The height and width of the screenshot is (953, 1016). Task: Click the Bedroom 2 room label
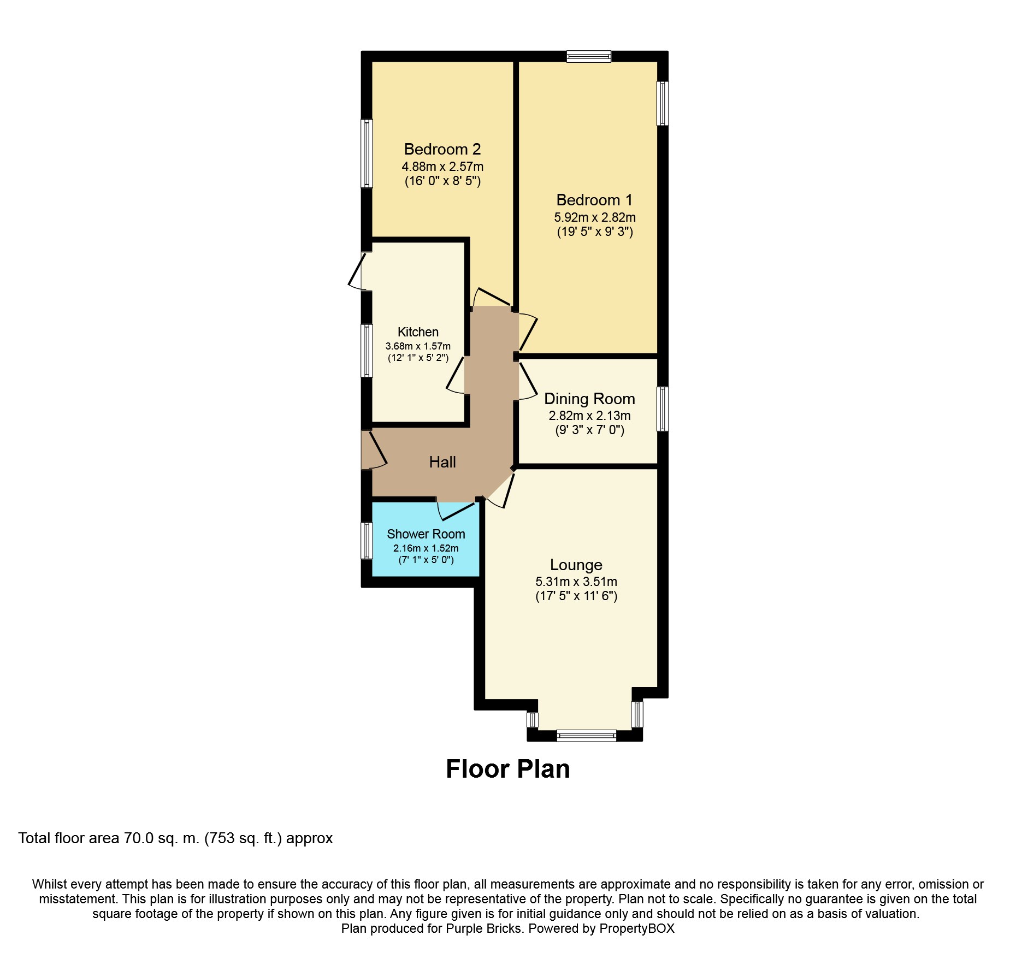[x=442, y=149]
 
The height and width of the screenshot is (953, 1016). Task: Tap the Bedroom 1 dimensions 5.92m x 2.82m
[x=595, y=217]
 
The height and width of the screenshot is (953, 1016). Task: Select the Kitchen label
[x=418, y=332]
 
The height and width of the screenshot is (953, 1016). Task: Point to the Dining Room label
[x=589, y=399]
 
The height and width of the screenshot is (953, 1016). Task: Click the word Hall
[x=442, y=462]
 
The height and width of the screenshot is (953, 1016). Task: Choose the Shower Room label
[x=426, y=534]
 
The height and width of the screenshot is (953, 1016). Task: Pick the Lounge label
[x=576, y=565]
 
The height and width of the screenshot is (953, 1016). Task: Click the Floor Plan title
[x=508, y=769]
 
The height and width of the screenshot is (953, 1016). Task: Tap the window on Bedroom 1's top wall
[x=588, y=56]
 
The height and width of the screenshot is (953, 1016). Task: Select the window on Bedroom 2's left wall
[x=367, y=153]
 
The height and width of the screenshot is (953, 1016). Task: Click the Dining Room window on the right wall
[x=663, y=409]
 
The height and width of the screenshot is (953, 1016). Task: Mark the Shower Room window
[x=367, y=541]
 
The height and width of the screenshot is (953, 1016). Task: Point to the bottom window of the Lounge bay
[x=587, y=736]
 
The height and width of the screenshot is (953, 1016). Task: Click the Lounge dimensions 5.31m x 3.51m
[x=576, y=582]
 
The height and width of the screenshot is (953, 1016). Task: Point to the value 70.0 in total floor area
[x=139, y=838]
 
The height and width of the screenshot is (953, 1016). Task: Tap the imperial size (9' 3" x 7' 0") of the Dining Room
[x=590, y=430]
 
